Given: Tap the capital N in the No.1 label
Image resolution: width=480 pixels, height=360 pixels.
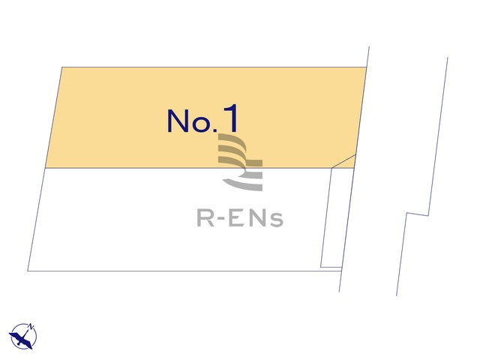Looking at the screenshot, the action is tap(178, 121).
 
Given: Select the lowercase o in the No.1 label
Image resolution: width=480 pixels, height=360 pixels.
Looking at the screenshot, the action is tap(201, 124).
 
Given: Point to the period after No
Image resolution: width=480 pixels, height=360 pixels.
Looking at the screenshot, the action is tap(214, 130).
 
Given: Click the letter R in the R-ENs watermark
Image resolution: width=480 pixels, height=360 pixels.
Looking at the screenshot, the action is tap(205, 217).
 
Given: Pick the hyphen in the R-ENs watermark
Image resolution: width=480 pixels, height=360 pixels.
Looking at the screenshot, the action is tap(221, 218).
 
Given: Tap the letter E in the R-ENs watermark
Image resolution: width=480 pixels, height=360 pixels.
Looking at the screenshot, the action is tap(237, 217).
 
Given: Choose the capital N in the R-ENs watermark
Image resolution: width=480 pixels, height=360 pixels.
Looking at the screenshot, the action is tap(257, 217).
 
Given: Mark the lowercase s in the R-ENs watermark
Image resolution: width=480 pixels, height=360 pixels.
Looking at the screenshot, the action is tap(277, 220).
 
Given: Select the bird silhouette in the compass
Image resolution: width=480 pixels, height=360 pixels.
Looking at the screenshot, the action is tap(21, 338).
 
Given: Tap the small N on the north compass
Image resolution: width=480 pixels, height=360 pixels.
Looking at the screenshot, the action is tap(31, 326).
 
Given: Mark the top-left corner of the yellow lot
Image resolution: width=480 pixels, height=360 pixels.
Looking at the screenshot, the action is tap(62, 67).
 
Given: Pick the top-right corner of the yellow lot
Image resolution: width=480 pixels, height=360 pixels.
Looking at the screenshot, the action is tap(367, 67).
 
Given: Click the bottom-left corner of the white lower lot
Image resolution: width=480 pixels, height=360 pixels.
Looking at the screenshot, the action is tap(28, 271).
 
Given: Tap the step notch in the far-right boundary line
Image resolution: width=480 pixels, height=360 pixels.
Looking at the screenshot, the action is tap(417, 214).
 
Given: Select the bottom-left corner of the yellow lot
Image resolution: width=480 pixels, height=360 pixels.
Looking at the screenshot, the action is tap(45, 168).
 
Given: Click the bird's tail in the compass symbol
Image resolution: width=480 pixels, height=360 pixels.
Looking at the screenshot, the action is tap(29, 345).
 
